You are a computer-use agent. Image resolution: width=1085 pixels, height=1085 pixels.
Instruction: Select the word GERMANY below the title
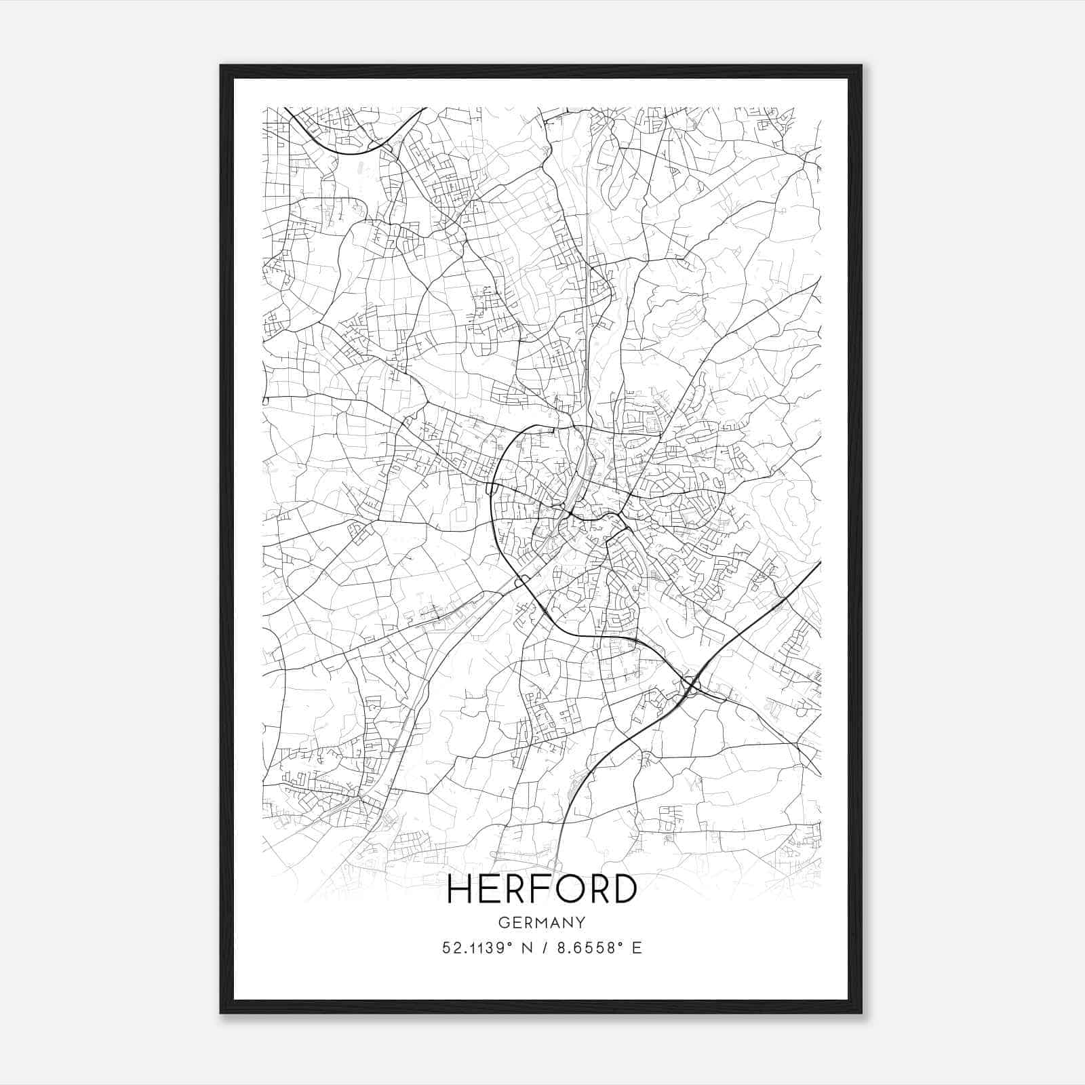point(541,922)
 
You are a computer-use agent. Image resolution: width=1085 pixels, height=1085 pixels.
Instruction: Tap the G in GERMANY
point(502,922)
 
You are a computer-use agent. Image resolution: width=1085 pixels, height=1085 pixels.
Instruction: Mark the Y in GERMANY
point(581,922)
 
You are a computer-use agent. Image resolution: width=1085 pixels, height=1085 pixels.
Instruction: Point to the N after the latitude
point(523,948)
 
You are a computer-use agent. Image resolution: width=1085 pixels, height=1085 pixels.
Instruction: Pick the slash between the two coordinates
point(541,948)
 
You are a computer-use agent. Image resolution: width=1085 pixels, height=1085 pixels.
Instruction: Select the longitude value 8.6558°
point(588,948)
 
